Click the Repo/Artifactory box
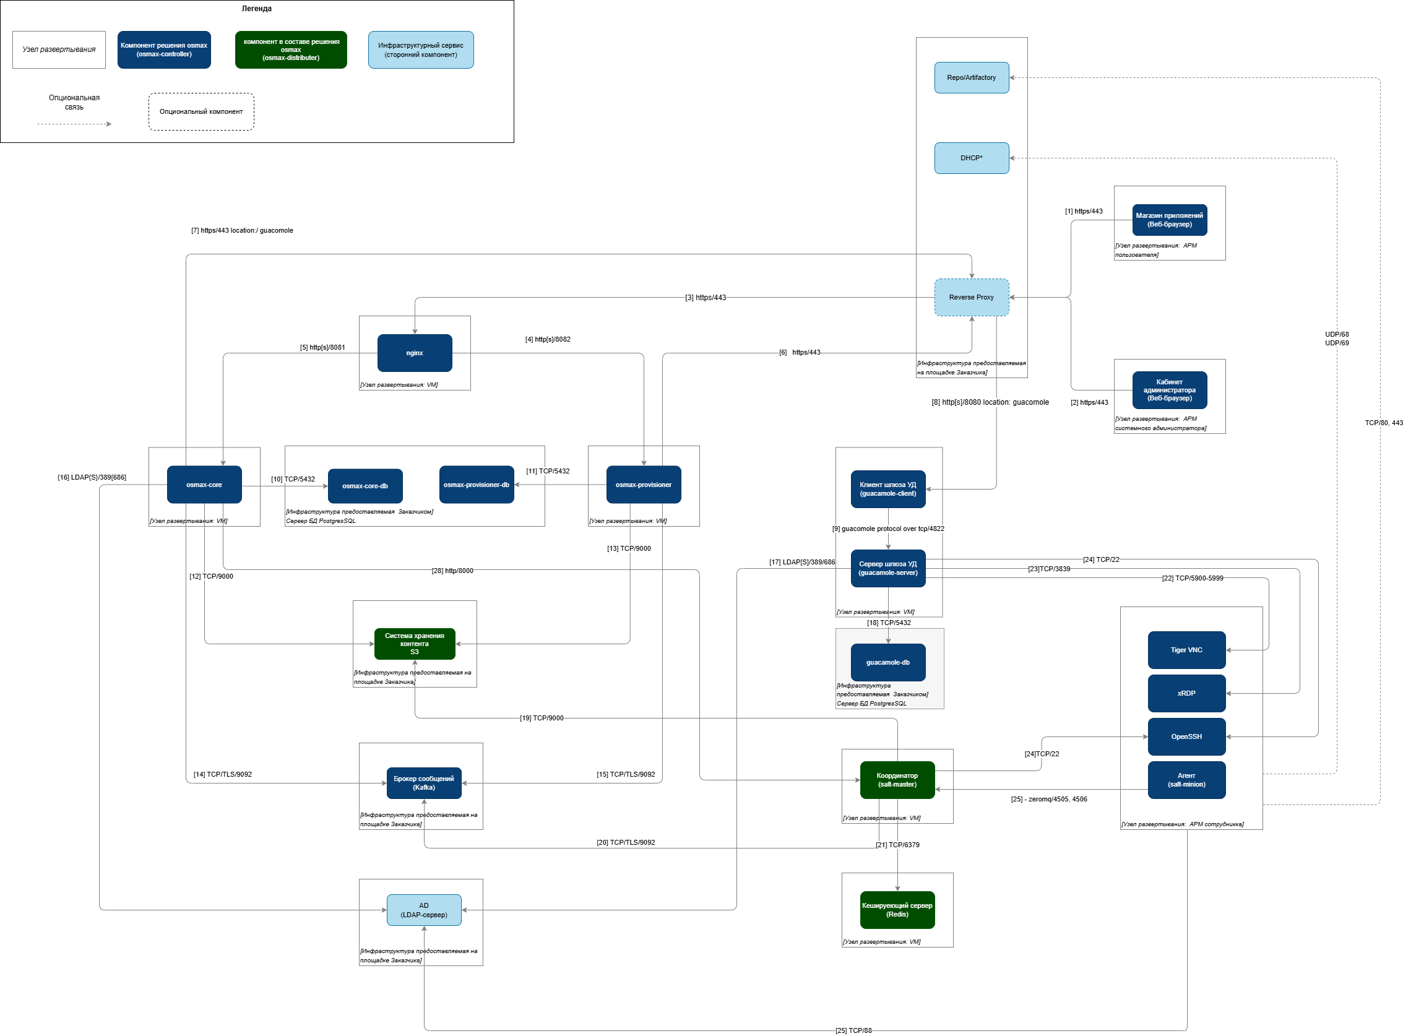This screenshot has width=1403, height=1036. pyautogui.click(x=971, y=78)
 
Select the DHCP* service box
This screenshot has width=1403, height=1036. pyautogui.click(x=971, y=158)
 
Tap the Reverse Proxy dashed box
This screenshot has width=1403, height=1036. pyautogui.click(x=971, y=297)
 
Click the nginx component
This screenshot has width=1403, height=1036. pyautogui.click(x=415, y=353)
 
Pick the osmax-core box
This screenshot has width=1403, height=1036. pyautogui.click(x=204, y=485)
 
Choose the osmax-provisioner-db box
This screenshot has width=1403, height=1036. pyautogui.click(x=476, y=485)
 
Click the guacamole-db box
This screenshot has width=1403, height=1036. pyautogui.click(x=887, y=662)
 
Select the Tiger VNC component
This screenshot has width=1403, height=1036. pyautogui.click(x=1186, y=650)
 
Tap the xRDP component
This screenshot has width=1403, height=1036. pyautogui.click(x=1186, y=693)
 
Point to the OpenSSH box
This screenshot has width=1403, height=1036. pyautogui.click(x=1186, y=736)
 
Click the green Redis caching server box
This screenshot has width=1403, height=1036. pyautogui.click(x=897, y=910)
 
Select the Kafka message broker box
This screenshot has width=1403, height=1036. pyautogui.click(x=424, y=783)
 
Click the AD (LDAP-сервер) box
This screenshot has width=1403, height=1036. pyautogui.click(x=424, y=910)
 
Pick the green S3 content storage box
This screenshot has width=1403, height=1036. pyautogui.click(x=415, y=644)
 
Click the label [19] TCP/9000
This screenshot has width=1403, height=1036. pyautogui.click(x=542, y=718)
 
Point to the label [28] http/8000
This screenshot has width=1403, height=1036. pyautogui.click(x=452, y=571)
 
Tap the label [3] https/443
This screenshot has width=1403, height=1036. pyautogui.click(x=705, y=297)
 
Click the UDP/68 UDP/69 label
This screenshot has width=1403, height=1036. pyautogui.click(x=1337, y=339)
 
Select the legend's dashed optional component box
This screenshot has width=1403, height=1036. pyautogui.click(x=201, y=111)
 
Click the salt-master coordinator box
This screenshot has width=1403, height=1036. pyautogui.click(x=897, y=780)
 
